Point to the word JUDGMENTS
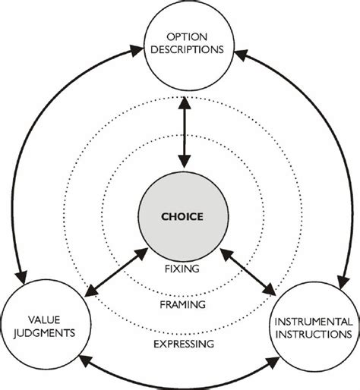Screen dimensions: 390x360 tap(37, 332)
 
